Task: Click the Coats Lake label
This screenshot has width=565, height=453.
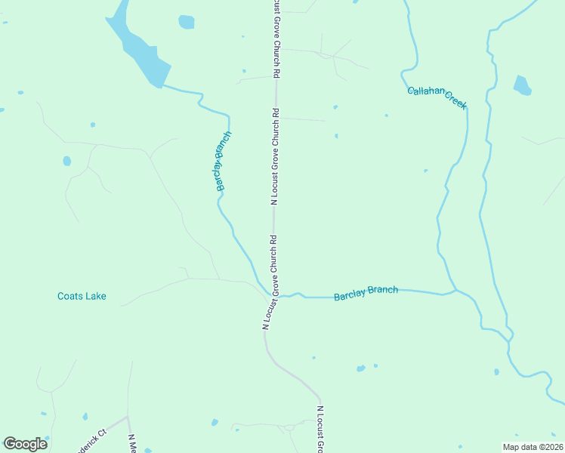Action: click(x=82, y=296)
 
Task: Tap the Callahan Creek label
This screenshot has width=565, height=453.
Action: click(x=437, y=97)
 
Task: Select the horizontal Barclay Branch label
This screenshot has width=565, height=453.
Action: click(x=366, y=293)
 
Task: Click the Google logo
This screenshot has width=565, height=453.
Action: click(x=25, y=444)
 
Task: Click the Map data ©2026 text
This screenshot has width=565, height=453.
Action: click(x=533, y=446)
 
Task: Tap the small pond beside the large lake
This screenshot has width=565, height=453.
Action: click(x=187, y=22)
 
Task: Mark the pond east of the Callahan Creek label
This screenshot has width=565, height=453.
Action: click(x=522, y=85)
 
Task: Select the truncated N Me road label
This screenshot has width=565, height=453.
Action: click(x=131, y=443)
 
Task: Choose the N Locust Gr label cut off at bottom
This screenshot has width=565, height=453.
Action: click(x=320, y=430)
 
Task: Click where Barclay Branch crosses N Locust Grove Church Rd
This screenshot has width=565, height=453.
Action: click(x=271, y=294)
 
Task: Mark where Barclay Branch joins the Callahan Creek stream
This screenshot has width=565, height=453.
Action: click(x=454, y=289)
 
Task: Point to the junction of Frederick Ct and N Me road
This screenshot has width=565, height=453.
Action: click(x=127, y=416)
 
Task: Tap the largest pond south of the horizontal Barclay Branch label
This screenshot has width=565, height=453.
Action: click(x=361, y=368)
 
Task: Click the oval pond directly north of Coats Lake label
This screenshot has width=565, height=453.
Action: click(x=67, y=161)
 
